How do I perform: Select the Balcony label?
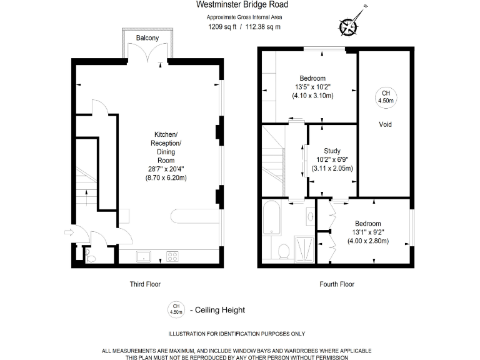(x=147, y=39)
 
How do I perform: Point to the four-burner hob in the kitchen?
(x=172, y=256)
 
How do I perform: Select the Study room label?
(x=332, y=151)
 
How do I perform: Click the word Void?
(x=386, y=124)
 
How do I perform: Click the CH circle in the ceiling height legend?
(x=176, y=309)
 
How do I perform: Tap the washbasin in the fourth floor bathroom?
(x=311, y=217)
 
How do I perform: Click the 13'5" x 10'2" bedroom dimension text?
(x=313, y=87)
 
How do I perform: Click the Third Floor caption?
(x=145, y=284)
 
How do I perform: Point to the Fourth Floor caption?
(x=337, y=284)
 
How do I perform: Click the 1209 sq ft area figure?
(x=221, y=27)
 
